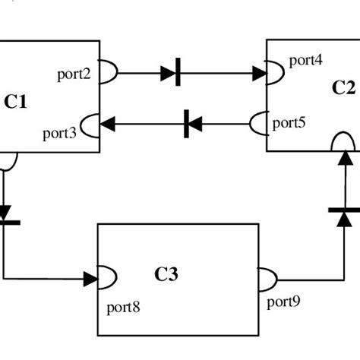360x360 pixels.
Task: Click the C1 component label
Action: click(16, 101)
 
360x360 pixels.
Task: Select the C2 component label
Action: click(344, 87)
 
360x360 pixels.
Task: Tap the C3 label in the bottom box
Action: click(166, 274)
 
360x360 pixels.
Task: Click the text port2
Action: click(74, 74)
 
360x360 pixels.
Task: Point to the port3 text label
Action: click(60, 134)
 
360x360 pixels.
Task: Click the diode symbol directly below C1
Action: click(5, 214)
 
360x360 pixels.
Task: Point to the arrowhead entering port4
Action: click(259, 74)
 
